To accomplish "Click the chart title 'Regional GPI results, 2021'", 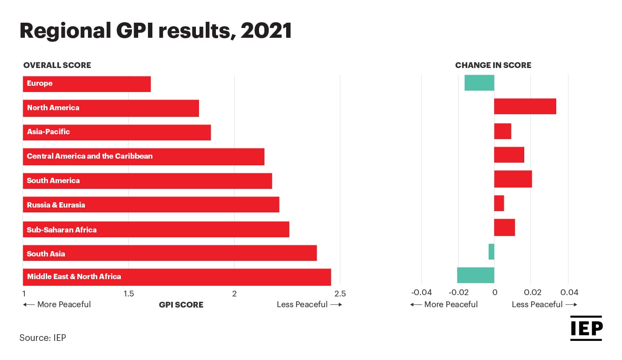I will point(155,31).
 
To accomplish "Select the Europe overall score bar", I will point(87,84).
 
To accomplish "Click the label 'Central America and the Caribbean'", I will point(89,156).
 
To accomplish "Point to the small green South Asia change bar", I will point(491,252).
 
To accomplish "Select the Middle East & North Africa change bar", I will point(475,275).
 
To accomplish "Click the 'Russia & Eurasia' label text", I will point(56,205).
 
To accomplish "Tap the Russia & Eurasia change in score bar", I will point(499,203).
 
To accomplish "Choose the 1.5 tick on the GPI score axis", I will point(128,293).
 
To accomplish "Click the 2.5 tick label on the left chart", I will point(339,293).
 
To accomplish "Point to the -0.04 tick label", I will point(421,292).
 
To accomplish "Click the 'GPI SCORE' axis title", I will point(181,305).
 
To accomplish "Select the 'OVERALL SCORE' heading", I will point(57,65).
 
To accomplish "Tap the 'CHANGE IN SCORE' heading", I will point(493,65).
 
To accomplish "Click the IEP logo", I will point(586,328).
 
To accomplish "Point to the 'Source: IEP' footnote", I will point(43,338).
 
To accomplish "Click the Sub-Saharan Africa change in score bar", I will point(504,227).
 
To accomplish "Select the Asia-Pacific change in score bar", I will point(502,131).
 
